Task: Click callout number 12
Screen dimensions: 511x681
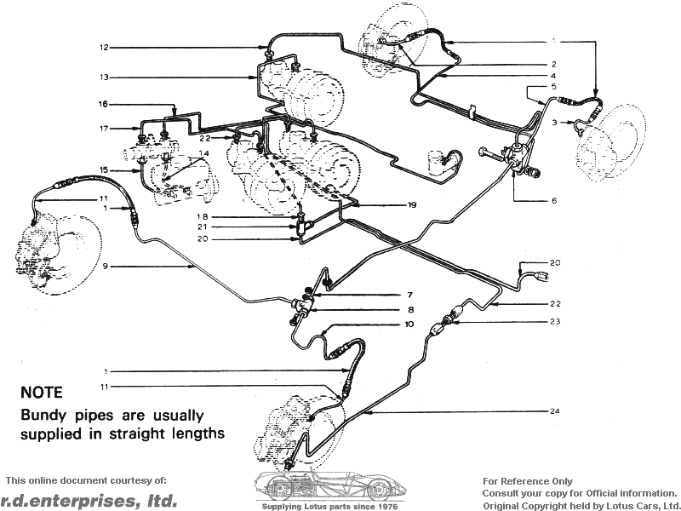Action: pos(104,47)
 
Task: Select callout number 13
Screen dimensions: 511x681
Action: pos(104,78)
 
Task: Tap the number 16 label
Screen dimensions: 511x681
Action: pos(104,104)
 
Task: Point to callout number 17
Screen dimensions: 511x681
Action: pos(104,129)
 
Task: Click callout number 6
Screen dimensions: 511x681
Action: pos(554,201)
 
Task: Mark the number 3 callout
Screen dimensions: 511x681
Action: pos(553,123)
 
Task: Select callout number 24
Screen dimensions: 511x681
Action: pos(554,412)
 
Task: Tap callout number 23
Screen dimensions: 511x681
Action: pos(554,321)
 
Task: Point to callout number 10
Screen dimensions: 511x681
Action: pos(409,324)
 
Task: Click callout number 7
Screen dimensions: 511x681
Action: pos(409,295)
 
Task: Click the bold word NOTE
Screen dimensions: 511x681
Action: pos(42,393)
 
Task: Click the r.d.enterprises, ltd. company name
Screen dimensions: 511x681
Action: pos(89,500)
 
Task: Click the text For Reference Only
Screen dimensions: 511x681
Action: pos(528,481)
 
